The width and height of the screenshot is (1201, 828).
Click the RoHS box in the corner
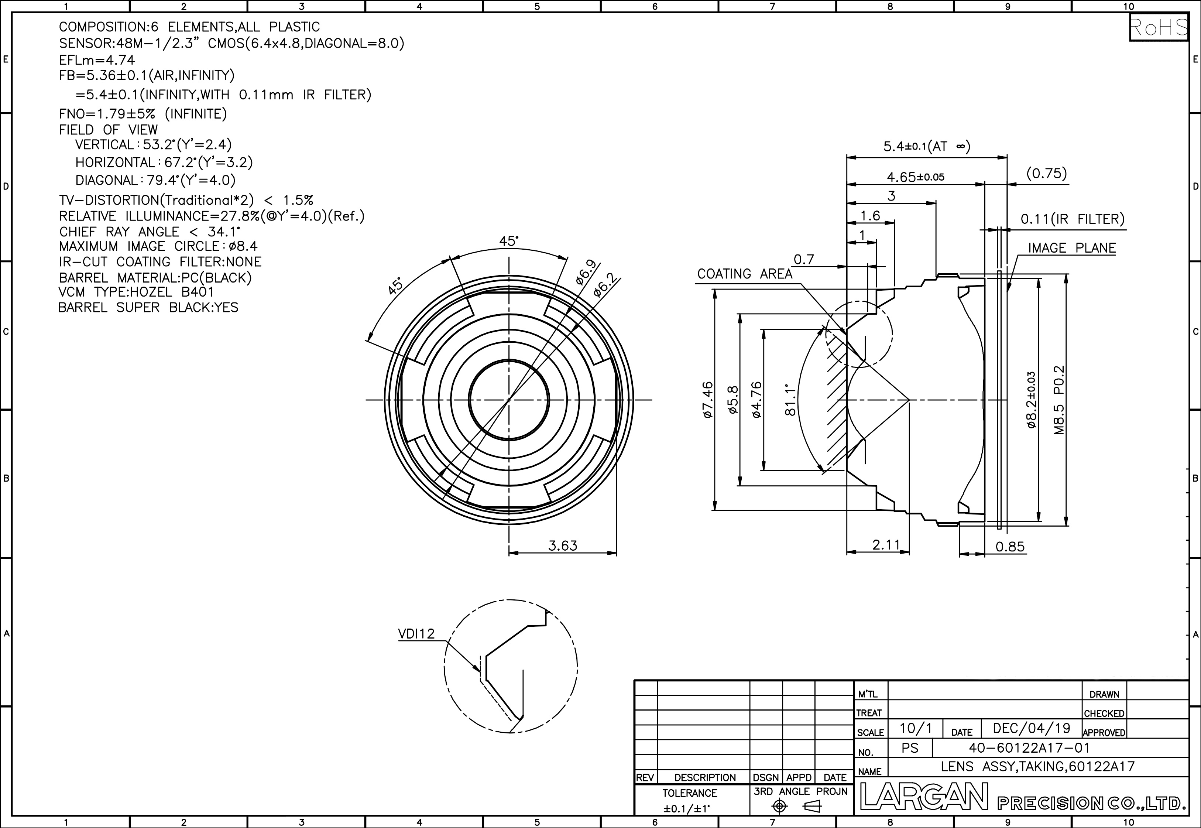1159,27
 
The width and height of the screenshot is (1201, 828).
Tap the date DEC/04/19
1032,728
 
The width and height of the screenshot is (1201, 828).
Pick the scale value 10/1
915,728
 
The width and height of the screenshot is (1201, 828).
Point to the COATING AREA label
745,274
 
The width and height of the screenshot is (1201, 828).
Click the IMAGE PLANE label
1072,248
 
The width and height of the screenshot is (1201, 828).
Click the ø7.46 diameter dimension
708,400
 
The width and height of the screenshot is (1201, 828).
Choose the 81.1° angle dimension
790,400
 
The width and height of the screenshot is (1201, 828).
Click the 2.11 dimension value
886,545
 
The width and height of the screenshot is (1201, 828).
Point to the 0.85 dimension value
1010,547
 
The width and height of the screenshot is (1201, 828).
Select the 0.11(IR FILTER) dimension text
1073,219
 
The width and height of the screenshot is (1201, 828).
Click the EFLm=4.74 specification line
97,60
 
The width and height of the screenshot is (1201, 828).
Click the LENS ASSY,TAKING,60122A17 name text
1038,766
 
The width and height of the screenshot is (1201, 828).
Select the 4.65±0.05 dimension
915,177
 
